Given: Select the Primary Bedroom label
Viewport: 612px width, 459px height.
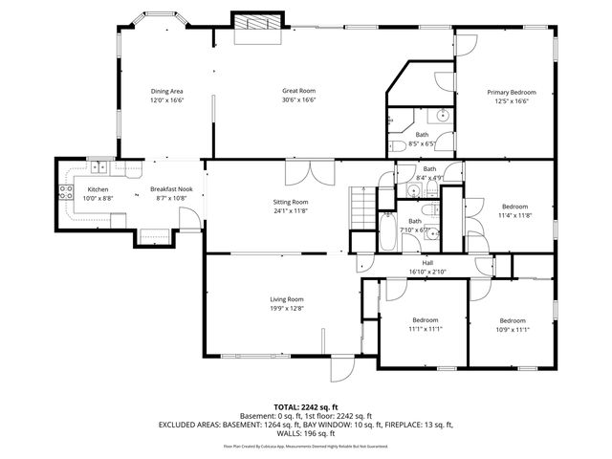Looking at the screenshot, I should (511, 92).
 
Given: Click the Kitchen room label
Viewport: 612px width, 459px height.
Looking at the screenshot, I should (98, 189).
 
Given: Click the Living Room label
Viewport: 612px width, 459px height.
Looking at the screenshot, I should (286, 299).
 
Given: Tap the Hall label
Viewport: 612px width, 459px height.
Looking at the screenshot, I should (429, 263).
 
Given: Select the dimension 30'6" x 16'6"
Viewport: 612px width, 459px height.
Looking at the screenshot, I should (298, 100).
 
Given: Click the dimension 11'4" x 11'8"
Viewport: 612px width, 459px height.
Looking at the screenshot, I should (514, 215).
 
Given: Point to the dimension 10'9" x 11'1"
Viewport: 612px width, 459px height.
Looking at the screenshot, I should (512, 329).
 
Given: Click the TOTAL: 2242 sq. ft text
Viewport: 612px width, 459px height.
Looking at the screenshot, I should (305, 407).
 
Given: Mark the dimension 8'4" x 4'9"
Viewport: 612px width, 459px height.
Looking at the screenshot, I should (429, 178).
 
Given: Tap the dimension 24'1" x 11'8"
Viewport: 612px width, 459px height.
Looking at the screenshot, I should (293, 211).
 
